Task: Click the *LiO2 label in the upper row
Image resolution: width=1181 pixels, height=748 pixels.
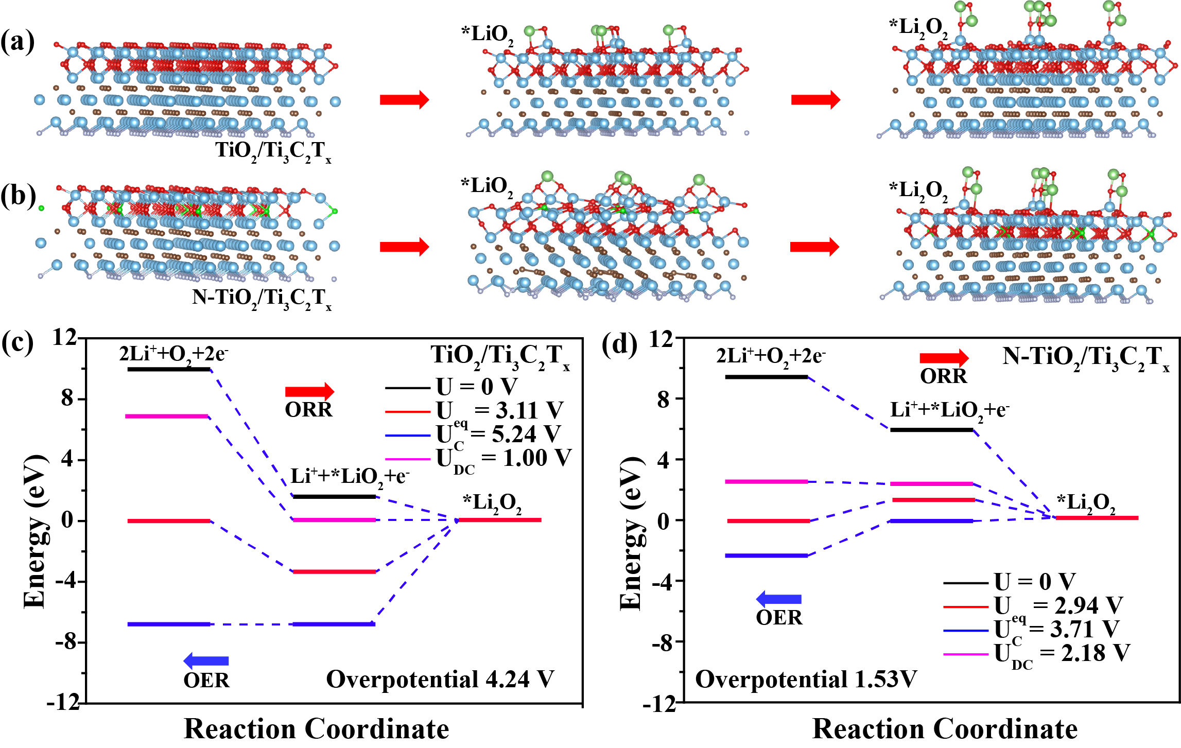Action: point(489,35)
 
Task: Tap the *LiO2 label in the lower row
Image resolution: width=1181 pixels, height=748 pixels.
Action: point(490,186)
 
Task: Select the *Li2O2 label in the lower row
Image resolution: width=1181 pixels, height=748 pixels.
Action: point(918,191)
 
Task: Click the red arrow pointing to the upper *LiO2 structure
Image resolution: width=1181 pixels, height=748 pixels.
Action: point(404,99)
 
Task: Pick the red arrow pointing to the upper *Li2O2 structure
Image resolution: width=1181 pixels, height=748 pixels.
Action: point(815,99)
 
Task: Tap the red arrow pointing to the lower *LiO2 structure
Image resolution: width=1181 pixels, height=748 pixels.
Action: point(404,247)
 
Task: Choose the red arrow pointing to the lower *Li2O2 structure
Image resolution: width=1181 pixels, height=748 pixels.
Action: point(815,247)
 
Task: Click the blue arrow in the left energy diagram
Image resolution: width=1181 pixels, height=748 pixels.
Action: point(206,661)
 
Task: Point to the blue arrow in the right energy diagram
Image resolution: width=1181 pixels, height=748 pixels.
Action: point(778,599)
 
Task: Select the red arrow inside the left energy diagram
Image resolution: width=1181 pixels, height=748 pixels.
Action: point(309,392)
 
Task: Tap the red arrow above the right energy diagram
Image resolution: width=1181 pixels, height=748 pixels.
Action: point(944,358)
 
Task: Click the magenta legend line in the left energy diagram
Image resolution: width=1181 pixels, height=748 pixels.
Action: point(408,459)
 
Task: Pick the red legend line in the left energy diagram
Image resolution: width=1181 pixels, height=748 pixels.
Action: point(408,412)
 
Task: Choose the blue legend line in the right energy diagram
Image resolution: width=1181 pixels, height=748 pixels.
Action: point(966,631)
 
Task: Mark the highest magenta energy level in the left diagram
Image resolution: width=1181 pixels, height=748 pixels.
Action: point(167,416)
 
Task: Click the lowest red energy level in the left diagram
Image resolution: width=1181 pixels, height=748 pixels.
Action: point(335,571)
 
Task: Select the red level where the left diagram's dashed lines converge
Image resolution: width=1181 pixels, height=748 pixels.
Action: point(500,520)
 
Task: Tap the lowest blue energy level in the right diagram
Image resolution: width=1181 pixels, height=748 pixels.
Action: point(766,555)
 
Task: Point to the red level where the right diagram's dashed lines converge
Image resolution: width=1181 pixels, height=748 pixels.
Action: point(1097,518)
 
